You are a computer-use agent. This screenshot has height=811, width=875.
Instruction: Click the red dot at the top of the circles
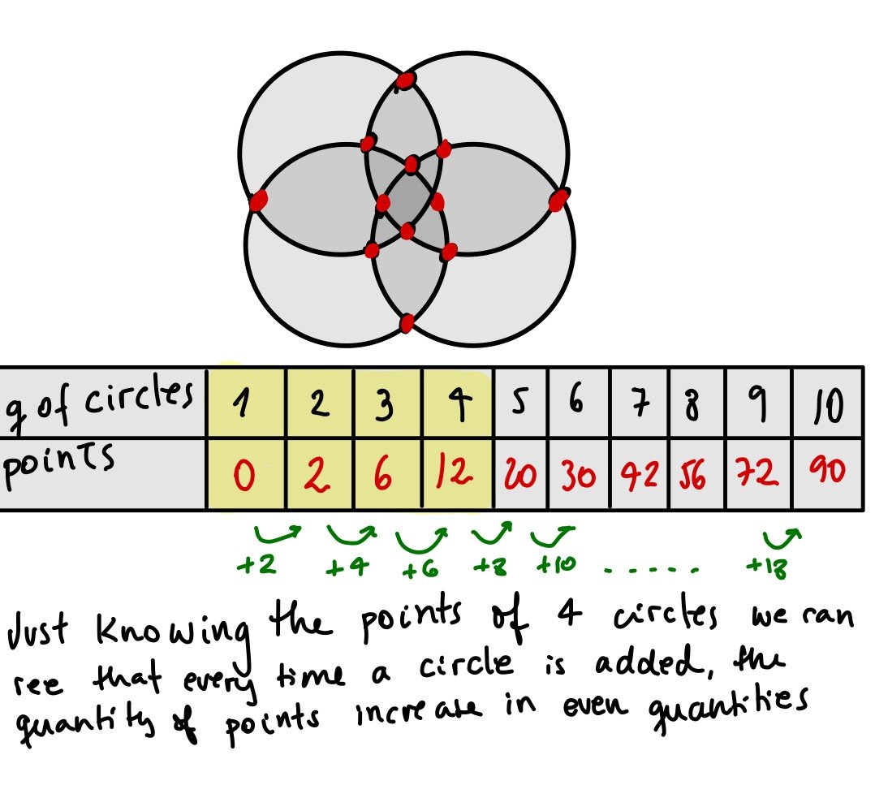click(405, 80)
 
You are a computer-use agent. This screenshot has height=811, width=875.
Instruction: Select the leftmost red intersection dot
click(258, 200)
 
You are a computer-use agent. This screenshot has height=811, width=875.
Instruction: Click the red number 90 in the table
click(827, 472)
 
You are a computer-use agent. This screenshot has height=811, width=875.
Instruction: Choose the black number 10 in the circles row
click(828, 404)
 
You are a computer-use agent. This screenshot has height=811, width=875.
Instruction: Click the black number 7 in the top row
click(640, 403)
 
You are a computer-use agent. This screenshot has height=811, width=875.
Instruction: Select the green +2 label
click(254, 565)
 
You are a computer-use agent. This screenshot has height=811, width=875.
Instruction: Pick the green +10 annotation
click(555, 564)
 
